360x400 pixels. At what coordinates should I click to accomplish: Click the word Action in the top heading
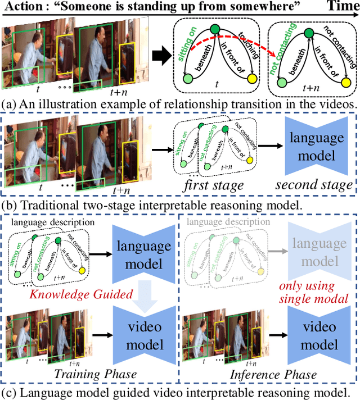click(x=22, y=8)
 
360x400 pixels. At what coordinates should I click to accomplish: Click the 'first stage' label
click(x=214, y=184)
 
